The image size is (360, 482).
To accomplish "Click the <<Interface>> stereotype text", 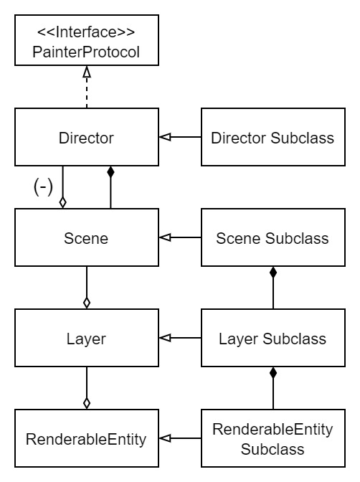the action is [x=86, y=32].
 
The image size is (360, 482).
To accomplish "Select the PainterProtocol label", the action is [x=86, y=52].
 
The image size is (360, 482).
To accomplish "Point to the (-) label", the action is [x=43, y=186].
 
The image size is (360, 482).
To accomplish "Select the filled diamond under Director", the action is [x=110, y=172].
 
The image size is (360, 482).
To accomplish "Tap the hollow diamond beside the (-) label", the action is [x=62, y=202].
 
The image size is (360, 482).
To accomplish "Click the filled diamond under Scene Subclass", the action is [x=273, y=273].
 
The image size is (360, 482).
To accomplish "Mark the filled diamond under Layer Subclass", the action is [x=273, y=373].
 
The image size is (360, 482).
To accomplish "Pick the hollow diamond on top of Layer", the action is [x=87, y=303].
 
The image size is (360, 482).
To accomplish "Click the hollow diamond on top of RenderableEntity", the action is [x=87, y=403].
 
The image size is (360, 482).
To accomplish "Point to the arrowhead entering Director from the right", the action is [x=165, y=137].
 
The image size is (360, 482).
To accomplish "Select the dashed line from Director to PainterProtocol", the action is [x=87, y=93].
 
